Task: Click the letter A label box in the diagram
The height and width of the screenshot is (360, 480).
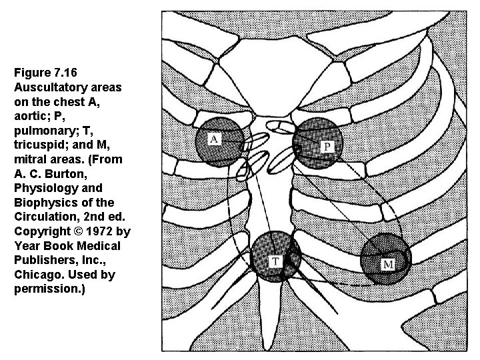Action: [x=215, y=139]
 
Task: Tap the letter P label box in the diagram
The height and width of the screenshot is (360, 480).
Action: [x=329, y=146]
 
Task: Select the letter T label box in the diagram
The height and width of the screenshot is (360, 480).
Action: [x=275, y=260]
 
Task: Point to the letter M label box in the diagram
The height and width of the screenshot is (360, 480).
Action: [x=388, y=265]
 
